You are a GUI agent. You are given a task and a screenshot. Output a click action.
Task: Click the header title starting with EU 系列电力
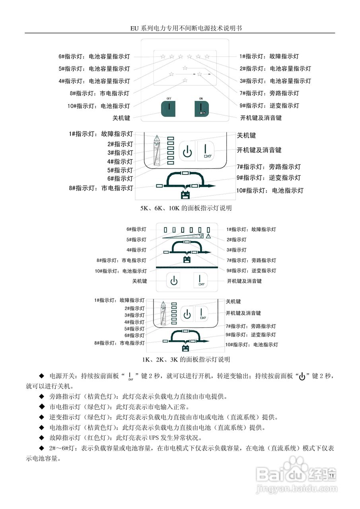[180, 28]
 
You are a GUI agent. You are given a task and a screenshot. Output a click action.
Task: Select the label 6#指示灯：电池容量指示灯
[94, 57]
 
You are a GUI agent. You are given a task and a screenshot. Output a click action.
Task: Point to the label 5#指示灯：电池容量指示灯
[94, 69]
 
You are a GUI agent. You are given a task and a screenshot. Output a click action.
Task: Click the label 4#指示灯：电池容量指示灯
[94, 81]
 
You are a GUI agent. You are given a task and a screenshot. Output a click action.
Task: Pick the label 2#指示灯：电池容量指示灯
[275, 69]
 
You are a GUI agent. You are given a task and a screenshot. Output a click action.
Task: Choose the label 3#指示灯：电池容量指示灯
[275, 81]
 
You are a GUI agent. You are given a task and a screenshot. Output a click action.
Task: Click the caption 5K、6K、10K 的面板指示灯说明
[180, 208]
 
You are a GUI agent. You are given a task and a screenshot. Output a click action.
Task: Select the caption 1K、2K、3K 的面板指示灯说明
[180, 359]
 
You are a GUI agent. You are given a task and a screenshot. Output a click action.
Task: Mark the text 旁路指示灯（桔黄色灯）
[78, 396]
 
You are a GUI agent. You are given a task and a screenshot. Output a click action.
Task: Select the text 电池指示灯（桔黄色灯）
[78, 428]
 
